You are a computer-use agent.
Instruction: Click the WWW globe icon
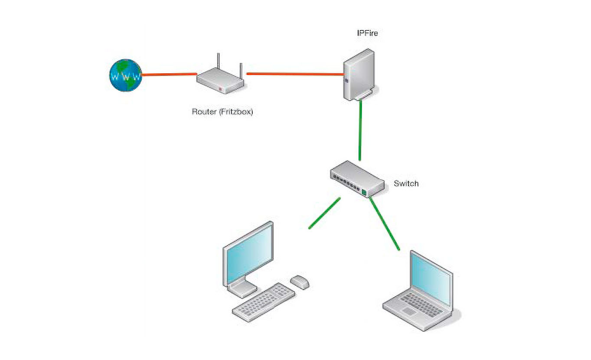pos(125,75)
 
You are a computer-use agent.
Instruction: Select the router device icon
pos(221,82)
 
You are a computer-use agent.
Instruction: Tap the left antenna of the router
pos(219,62)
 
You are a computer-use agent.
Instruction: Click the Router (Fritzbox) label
pos(222,112)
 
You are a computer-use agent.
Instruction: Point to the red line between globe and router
pos(169,75)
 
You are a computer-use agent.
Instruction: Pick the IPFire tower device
pos(358,75)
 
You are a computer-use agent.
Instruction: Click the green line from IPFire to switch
pos(360,130)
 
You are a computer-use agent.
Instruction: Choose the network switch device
pos(357,178)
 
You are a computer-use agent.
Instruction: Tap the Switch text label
pos(406,183)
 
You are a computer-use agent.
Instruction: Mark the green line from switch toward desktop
pos(324,213)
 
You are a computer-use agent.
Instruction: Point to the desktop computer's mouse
pos(300,282)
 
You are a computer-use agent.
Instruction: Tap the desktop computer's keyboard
pos(264,302)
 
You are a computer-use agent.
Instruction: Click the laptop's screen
pos(431,277)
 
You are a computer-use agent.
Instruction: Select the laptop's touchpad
pos(408,311)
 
